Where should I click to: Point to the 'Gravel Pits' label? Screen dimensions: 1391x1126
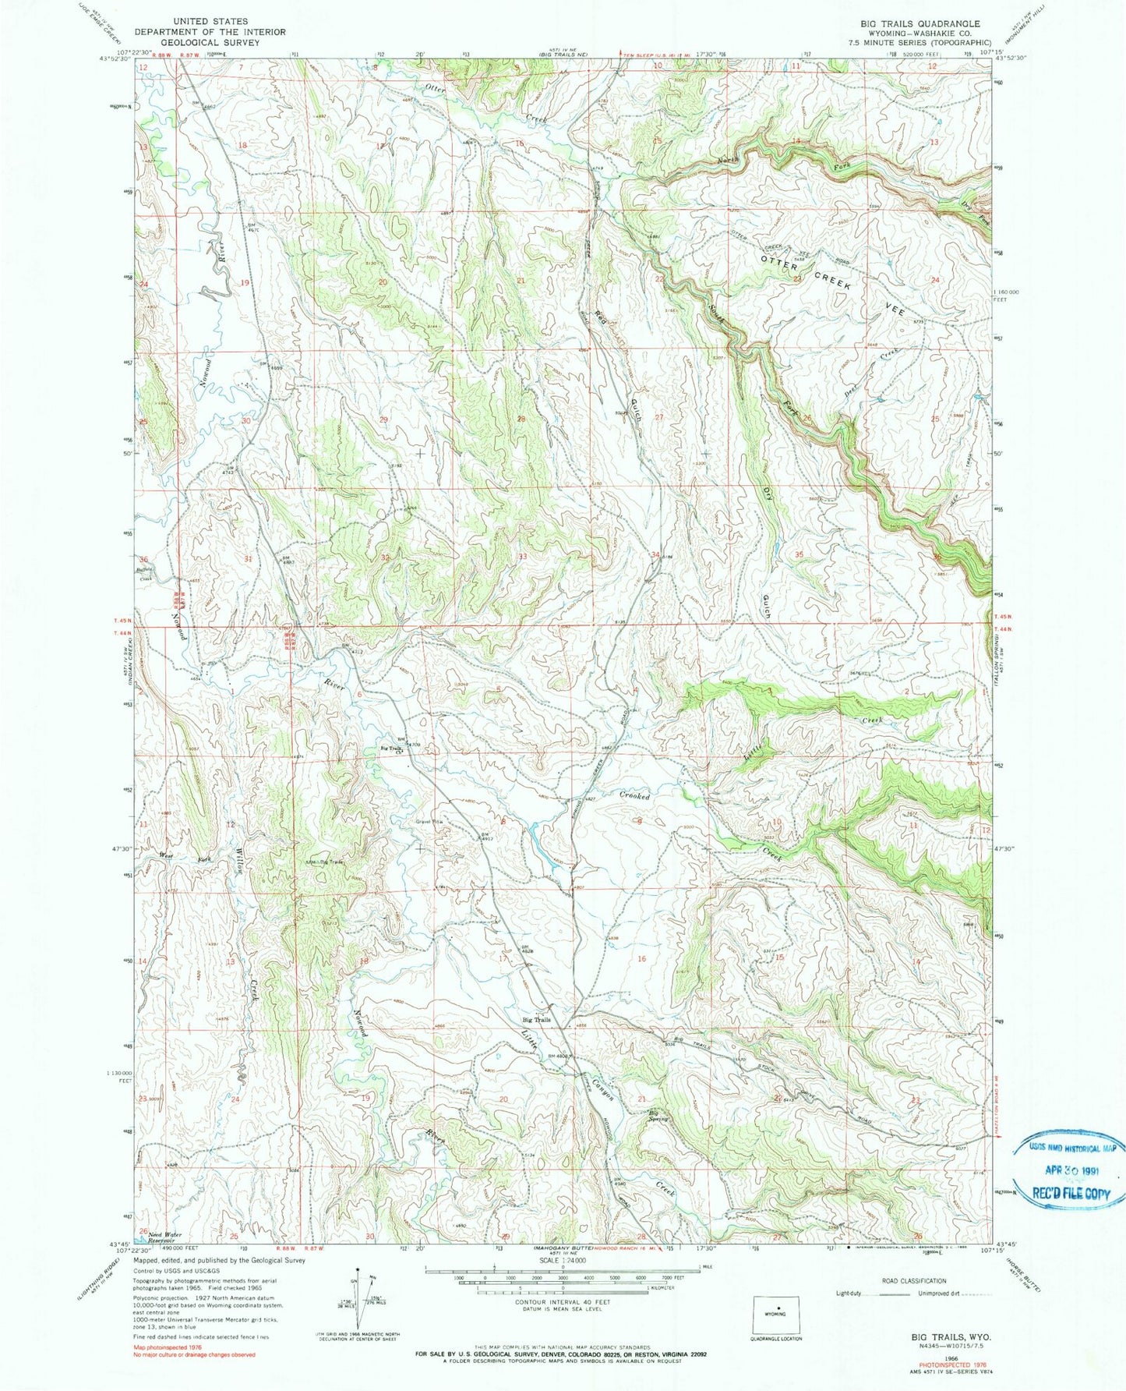[x=428, y=821]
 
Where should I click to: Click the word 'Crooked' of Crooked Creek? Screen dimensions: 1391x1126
[x=634, y=797]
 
